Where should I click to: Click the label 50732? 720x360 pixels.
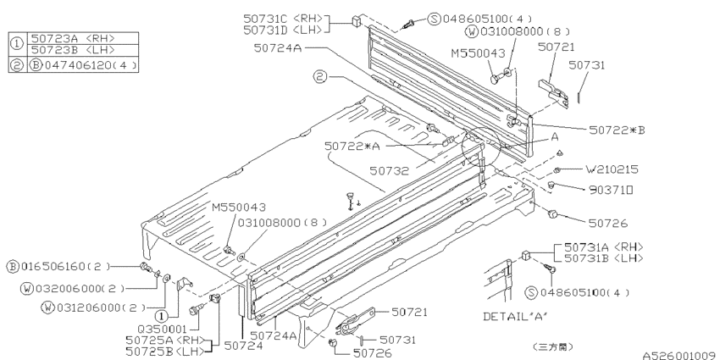click(390, 170)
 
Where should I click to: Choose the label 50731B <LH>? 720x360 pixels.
click(597, 258)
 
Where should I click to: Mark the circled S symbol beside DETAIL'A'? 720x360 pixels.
click(533, 292)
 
